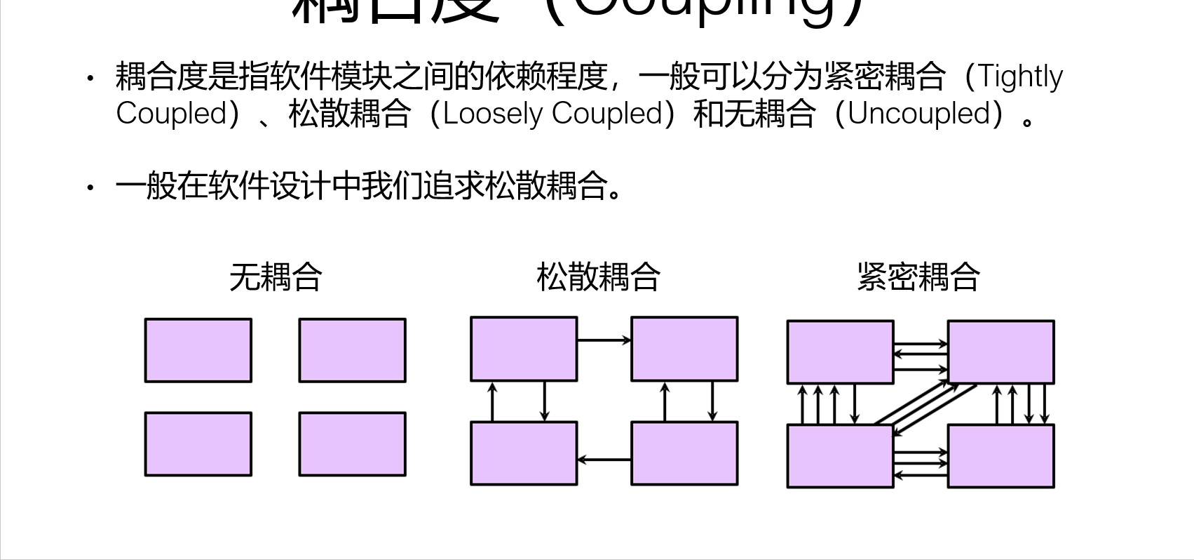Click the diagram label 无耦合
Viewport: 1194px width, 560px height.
[276, 276]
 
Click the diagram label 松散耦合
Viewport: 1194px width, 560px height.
[598, 276]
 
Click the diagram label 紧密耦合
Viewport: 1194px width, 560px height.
[918, 276]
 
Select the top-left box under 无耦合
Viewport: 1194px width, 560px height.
[198, 350]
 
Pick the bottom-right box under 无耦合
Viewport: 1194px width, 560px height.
[352, 444]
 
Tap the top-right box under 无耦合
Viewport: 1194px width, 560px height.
[352, 350]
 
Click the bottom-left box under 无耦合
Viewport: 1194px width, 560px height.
[198, 444]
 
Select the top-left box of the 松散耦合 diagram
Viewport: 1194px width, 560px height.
[524, 349]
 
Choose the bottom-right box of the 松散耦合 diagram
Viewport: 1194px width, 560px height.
[684, 453]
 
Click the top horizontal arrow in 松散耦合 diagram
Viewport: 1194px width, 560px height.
[604, 340]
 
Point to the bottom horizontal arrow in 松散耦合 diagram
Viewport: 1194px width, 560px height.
[604, 460]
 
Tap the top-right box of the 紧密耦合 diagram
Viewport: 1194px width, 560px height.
[1000, 352]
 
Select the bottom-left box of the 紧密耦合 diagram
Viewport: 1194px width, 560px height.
[840, 455]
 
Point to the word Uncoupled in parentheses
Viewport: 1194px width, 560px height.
[918, 114]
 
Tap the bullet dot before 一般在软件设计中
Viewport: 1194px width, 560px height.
[90, 187]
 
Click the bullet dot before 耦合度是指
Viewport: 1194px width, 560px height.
[90, 77]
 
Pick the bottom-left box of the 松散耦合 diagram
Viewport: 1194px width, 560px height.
[524, 453]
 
